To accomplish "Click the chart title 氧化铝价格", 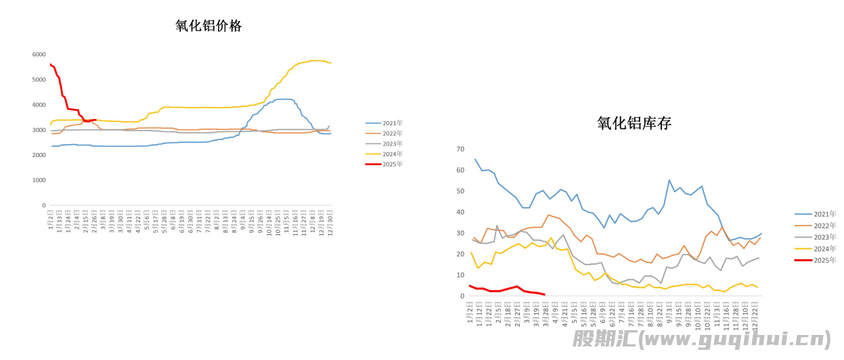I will coord(208,26).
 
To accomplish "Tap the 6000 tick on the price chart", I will coord(39,54).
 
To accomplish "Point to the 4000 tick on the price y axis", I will coord(39,105).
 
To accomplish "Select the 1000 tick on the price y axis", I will coord(39,181).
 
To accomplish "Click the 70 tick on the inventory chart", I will coord(460,149).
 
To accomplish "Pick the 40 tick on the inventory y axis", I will coord(460,212).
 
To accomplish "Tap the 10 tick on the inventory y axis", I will coord(460,275).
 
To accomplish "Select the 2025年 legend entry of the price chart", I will coord(393,164).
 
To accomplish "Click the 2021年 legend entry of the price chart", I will coord(393,123).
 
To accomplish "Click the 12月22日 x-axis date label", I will coord(756,311).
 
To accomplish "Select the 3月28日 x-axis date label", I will coord(546,311).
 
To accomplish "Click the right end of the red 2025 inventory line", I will coord(545,294).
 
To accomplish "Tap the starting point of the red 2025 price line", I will coord(51,64).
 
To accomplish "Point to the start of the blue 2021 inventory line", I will coord(475,160).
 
